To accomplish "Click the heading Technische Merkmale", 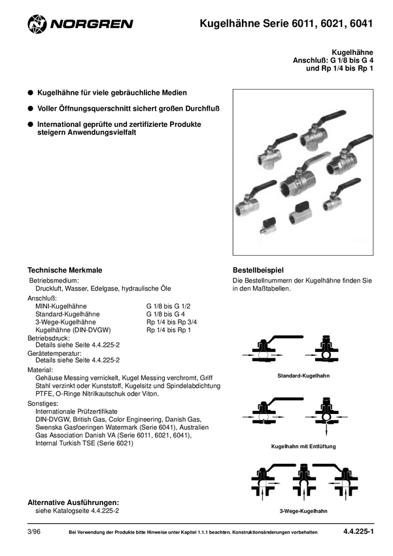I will pos(65,270).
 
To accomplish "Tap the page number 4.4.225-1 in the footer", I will pos(358,532).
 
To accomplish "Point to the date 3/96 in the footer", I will pos(34,532).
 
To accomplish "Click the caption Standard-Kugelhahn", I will pos(303,377).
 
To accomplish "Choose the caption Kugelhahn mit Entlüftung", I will pos(303,445).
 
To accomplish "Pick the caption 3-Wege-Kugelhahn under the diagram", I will pos(303,510).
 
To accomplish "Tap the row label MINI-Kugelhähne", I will pos(61,306).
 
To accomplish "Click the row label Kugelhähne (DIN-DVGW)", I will pos(72,330).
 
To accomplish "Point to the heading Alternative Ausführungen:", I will pos(73,502).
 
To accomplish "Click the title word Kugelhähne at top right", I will pos(352,51).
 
